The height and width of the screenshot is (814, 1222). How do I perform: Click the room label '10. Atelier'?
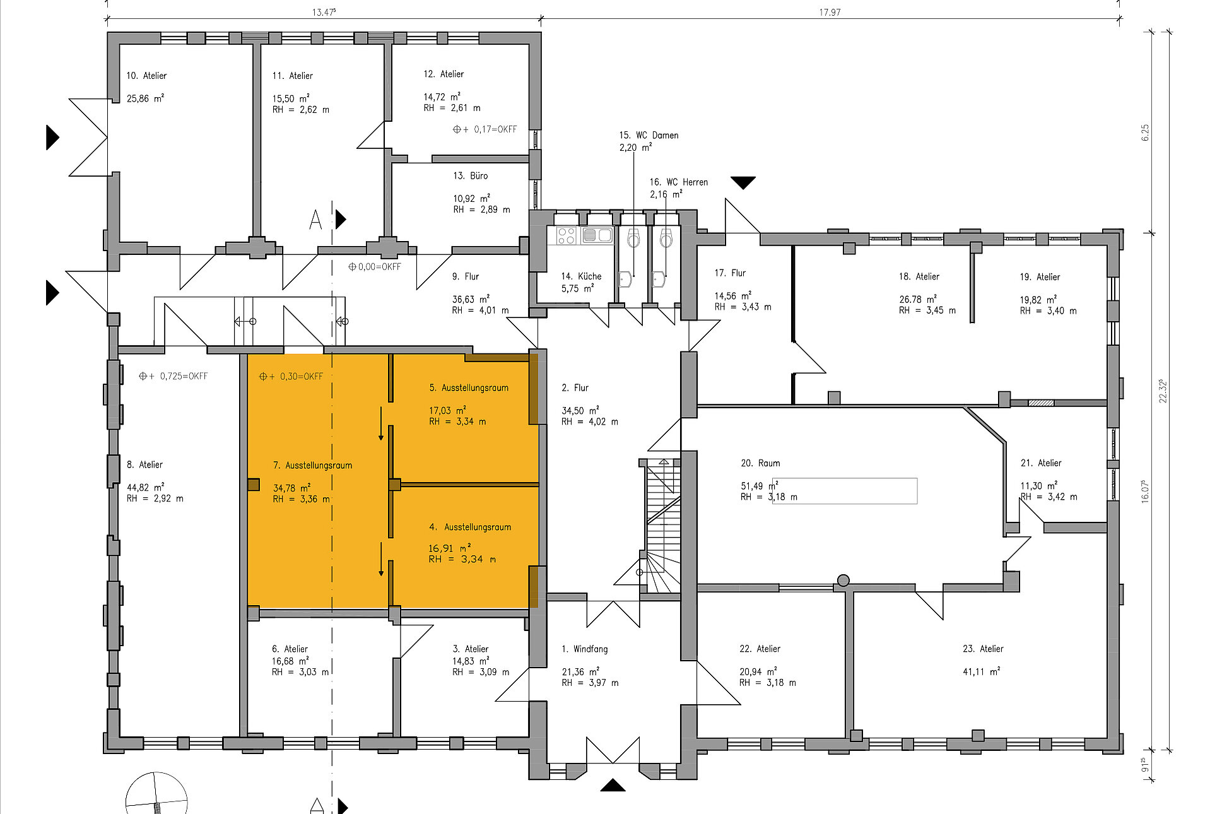(146, 76)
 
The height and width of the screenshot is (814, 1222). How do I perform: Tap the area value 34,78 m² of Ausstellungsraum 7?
(291, 488)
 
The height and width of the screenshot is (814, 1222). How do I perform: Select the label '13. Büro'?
(470, 176)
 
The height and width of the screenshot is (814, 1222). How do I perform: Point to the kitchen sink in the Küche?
(597, 236)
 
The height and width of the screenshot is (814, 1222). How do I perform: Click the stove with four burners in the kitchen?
(567, 236)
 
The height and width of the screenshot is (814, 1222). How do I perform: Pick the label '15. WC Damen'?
(649, 136)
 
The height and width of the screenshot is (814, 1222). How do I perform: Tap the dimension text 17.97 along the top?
(830, 12)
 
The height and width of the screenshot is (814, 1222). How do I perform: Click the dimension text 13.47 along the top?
(324, 12)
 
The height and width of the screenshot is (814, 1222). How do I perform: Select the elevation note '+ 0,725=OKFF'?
(173, 376)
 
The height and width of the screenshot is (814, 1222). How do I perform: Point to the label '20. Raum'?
(760, 463)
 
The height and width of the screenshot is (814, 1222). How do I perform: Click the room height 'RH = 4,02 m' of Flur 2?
(590, 422)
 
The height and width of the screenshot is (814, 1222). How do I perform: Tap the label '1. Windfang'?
(585, 649)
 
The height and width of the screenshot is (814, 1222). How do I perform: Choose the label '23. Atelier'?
(983, 649)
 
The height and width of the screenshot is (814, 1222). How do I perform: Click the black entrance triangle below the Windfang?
(613, 785)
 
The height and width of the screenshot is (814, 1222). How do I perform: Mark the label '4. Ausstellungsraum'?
(470, 527)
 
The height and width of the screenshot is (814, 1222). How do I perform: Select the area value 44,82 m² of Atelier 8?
(145, 487)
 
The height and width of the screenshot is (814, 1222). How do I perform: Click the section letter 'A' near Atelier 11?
(315, 220)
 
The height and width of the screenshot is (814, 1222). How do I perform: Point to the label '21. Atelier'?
(1041, 463)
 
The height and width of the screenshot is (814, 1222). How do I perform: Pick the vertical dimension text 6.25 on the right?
(1145, 133)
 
